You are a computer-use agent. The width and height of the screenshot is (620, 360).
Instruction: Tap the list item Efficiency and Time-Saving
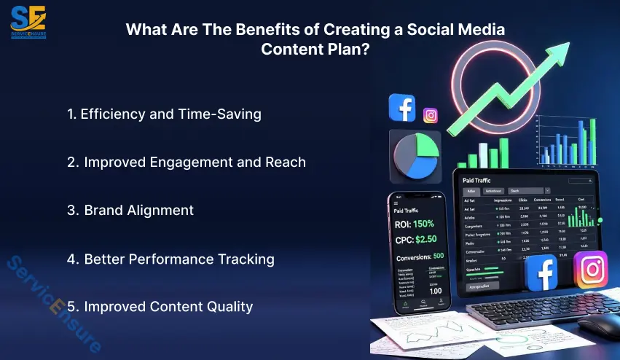(164, 114)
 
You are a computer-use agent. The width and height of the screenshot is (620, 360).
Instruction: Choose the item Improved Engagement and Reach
(186, 162)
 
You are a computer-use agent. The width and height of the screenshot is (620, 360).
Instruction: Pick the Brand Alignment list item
(130, 210)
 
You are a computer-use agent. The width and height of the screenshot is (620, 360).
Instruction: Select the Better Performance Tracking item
(170, 259)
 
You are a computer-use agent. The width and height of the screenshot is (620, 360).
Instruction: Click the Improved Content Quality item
(160, 307)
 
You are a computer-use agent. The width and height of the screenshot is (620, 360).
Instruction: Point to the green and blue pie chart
(415, 156)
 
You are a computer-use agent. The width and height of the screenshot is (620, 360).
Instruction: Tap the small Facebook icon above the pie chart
(402, 108)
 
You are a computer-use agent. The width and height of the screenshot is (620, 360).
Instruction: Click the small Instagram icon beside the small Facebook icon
(431, 115)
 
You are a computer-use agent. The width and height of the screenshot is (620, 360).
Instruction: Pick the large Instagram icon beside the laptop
(590, 270)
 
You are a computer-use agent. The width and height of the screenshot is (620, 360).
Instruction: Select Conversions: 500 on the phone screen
(418, 257)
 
